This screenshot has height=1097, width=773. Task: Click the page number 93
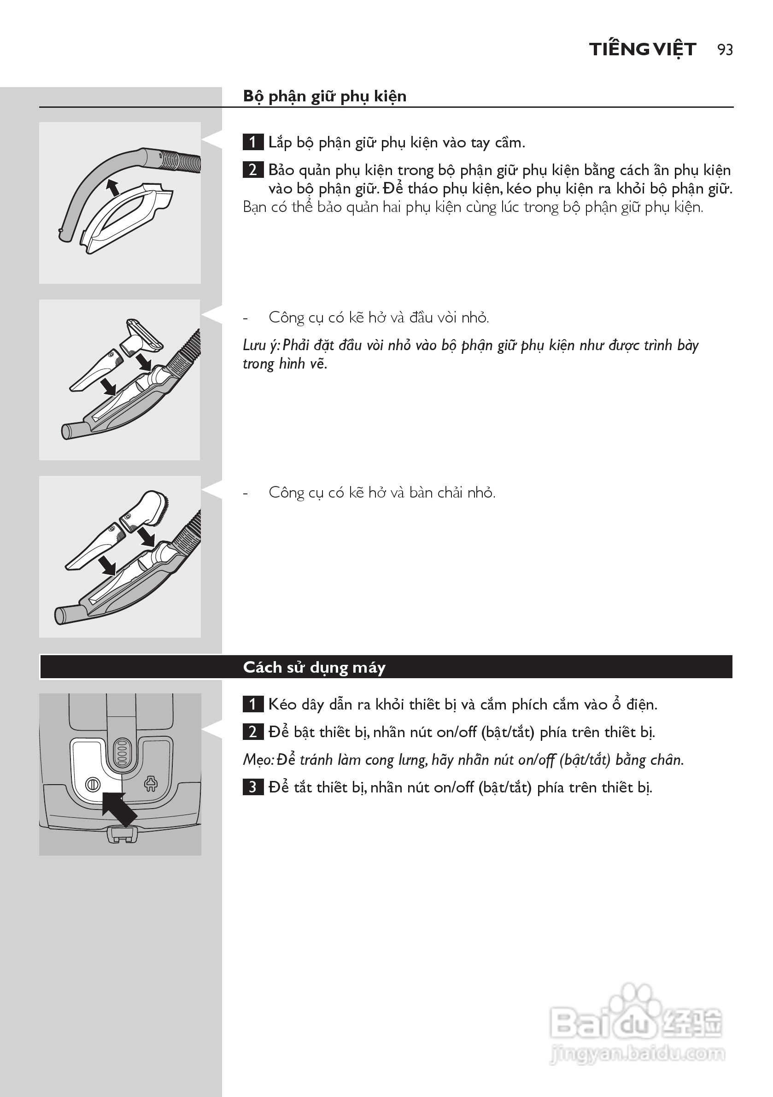[x=725, y=50]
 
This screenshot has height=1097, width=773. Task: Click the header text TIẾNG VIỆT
[x=642, y=50]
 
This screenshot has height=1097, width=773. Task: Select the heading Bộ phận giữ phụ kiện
[x=324, y=96]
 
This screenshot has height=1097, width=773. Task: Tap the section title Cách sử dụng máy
[x=314, y=667]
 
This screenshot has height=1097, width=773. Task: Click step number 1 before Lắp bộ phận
[x=253, y=142]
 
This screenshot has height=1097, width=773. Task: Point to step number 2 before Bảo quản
[x=253, y=170]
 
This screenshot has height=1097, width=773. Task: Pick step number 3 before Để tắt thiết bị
[x=253, y=787]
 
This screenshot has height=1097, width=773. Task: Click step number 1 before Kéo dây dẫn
[x=253, y=704]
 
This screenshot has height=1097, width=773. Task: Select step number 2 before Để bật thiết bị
[x=253, y=732]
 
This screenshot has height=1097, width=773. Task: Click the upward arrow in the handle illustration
[x=112, y=188]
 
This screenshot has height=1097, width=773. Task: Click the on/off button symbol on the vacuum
[x=92, y=784]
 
